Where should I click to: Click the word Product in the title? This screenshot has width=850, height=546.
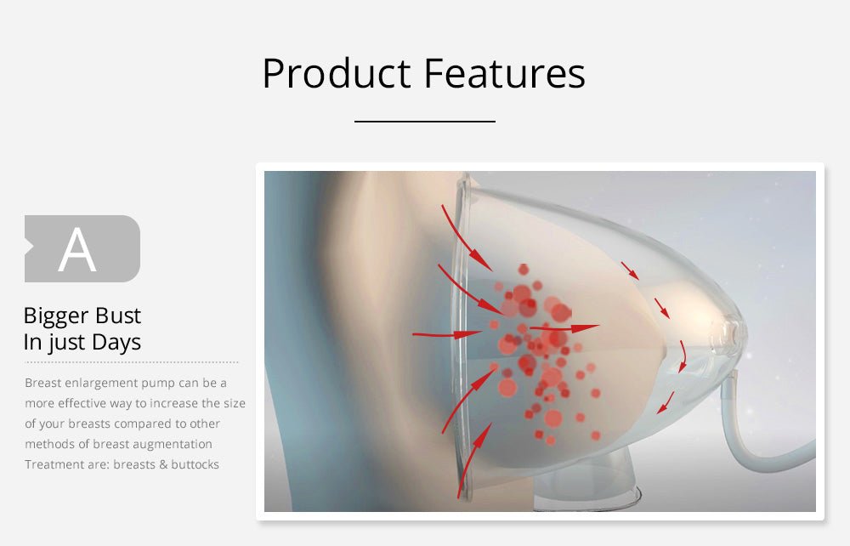click(x=336, y=72)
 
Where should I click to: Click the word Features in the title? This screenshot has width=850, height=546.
click(x=504, y=72)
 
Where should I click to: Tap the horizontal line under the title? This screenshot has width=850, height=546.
click(x=425, y=122)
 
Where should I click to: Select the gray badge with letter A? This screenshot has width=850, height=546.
click(x=82, y=249)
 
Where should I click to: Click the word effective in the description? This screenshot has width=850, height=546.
click(x=82, y=403)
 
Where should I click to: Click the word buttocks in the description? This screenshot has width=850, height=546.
click(x=195, y=464)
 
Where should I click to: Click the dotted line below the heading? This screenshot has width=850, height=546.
click(x=131, y=362)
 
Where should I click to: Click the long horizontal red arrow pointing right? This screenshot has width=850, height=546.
click(x=564, y=327)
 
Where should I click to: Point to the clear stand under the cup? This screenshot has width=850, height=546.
click(x=586, y=481)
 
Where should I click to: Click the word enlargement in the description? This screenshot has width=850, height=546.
click(x=100, y=384)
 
